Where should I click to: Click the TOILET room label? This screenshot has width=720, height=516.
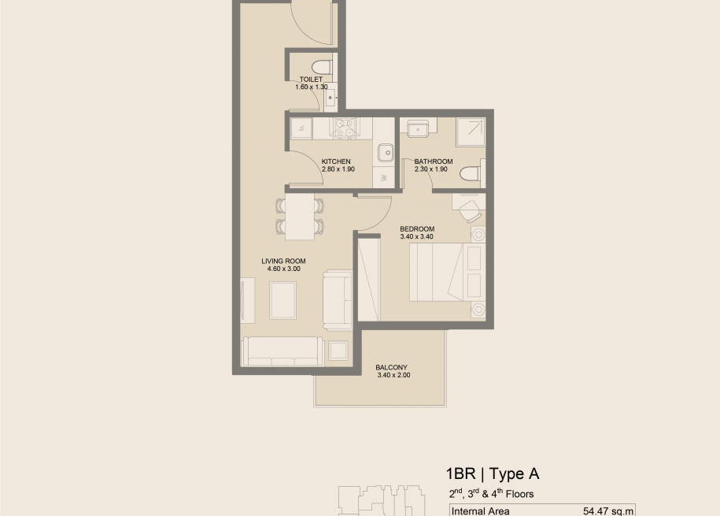coord(311,79)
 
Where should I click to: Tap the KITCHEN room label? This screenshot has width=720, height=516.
coord(336,161)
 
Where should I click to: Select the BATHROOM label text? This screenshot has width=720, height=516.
coord(434,161)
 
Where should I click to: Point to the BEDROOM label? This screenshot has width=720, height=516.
coord(417,229)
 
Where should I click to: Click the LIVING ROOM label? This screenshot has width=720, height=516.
coord(283,262)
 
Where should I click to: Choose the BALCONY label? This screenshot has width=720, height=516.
coord(391,367)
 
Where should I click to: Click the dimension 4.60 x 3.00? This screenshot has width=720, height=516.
coord(284,269)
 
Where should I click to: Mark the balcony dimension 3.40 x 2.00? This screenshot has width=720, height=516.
coord(393,375)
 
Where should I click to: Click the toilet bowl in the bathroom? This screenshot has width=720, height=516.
coord(471,174)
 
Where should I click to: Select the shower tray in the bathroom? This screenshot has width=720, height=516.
coord(471,132)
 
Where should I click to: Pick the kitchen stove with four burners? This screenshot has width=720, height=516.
coord(345,128)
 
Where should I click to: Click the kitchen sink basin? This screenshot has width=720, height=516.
coord(386,153)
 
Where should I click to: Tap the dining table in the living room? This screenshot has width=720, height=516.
coord(300,217)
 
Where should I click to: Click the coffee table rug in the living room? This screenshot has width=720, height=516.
coord(282,300)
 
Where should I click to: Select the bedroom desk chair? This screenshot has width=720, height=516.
coord(471,211)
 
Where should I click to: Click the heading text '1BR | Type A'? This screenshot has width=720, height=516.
coord(493,473)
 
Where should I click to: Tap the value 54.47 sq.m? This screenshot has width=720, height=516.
coord(608,511)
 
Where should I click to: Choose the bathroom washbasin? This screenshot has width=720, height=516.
coord(418,128)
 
